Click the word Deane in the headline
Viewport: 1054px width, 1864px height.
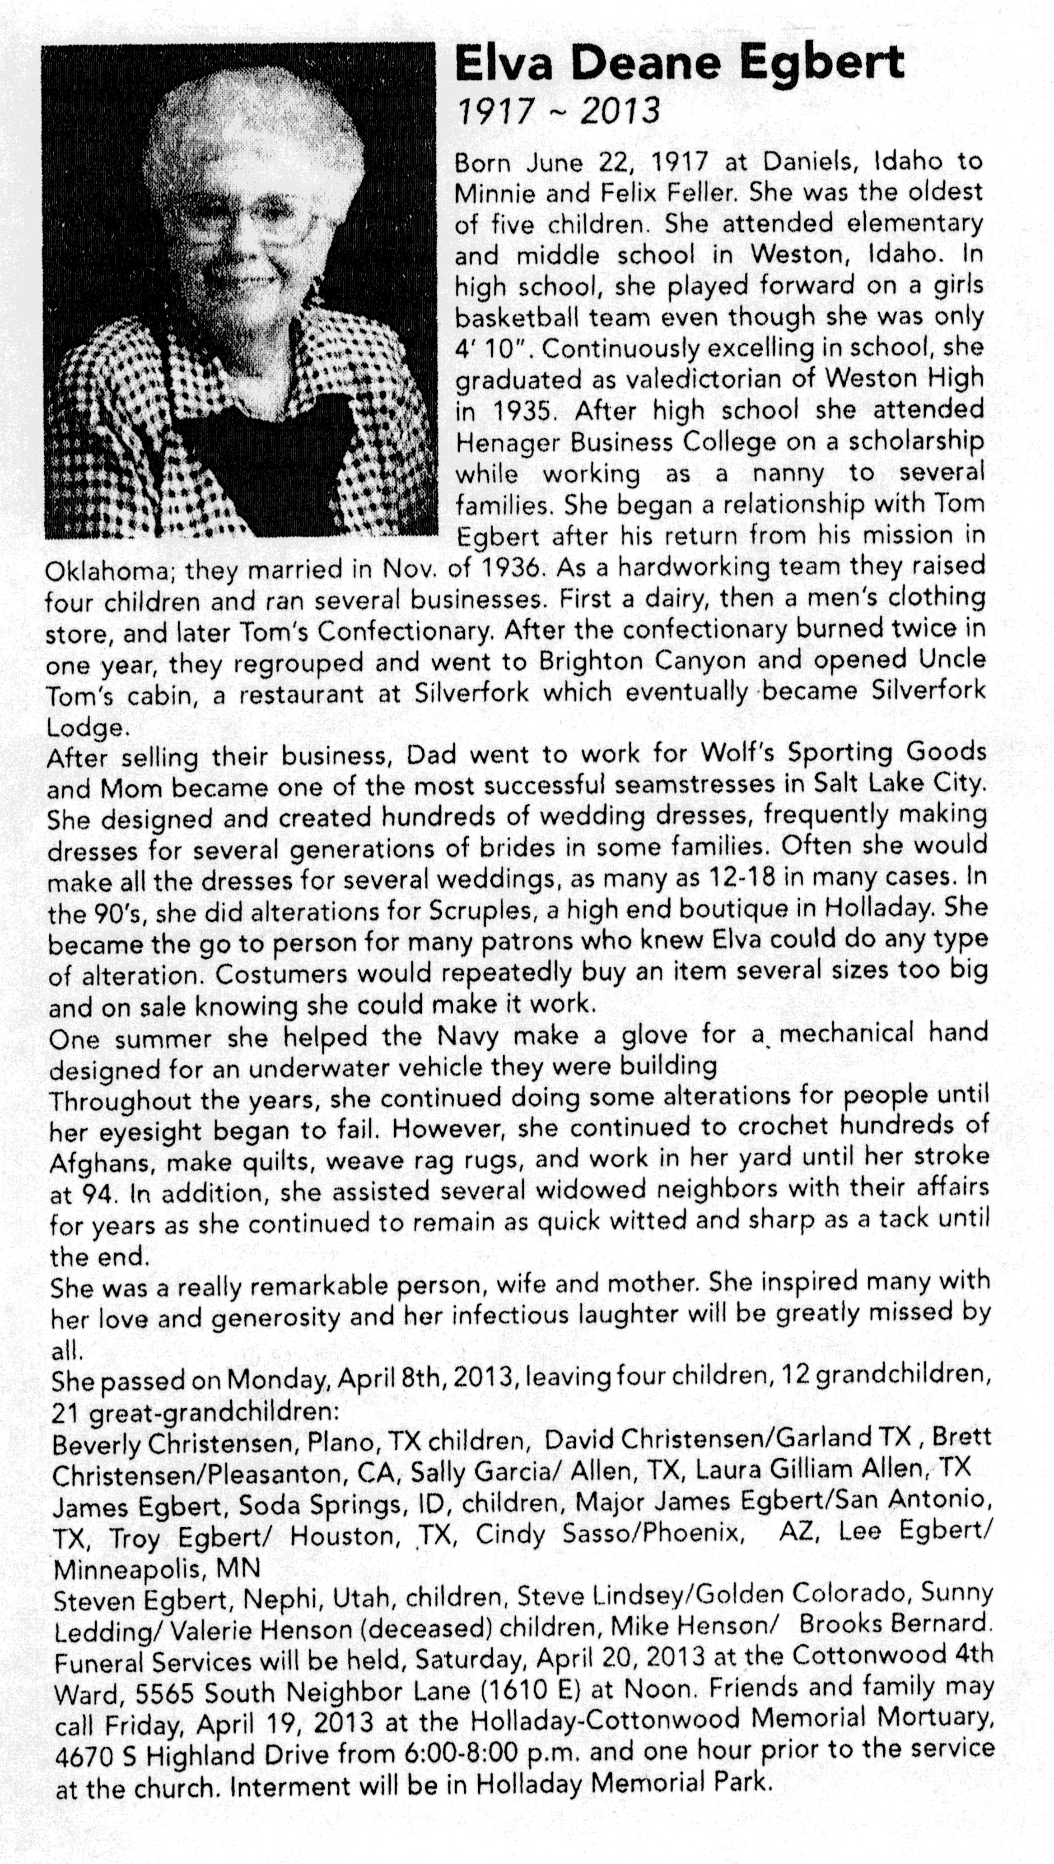pos(646,65)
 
